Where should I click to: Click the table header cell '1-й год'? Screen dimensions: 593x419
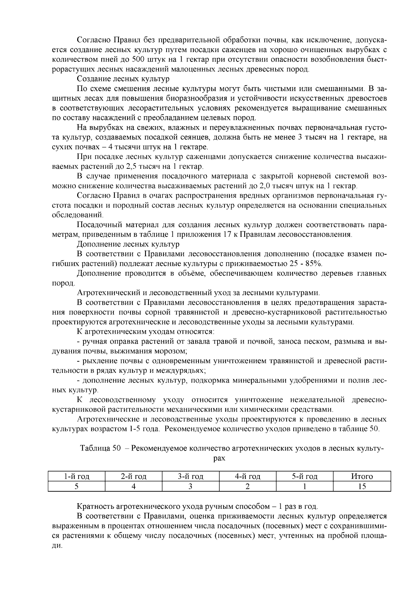[x=76, y=476]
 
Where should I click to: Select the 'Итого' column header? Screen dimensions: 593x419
[x=362, y=476]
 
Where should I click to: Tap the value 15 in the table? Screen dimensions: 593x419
[x=362, y=486]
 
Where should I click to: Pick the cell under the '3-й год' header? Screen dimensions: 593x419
[x=190, y=486]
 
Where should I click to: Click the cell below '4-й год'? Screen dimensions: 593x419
[x=247, y=486]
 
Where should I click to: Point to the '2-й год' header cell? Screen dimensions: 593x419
[x=133, y=476]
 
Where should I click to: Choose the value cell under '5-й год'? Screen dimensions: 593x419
[x=304, y=486]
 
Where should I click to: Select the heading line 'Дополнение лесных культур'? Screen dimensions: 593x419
[x=128, y=244]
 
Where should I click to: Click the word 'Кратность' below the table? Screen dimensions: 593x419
[x=96, y=506]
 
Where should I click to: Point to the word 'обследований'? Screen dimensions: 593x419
[x=78, y=215]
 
